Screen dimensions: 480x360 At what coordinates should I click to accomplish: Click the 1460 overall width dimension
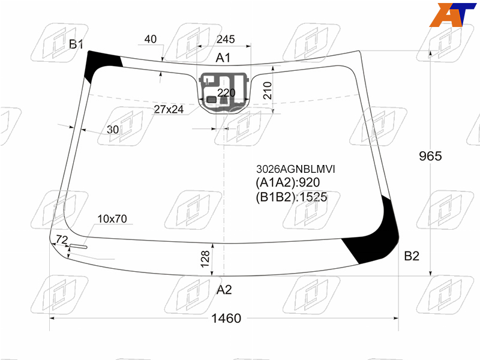(x=226, y=319)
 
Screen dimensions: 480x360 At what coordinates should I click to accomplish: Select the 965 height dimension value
(x=430, y=156)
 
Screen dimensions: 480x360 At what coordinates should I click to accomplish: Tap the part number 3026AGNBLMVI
(x=295, y=169)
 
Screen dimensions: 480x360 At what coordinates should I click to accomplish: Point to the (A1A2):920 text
(x=288, y=182)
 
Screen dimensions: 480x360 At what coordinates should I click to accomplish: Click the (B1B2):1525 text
(x=292, y=197)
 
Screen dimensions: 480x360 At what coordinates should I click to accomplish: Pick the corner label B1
(x=76, y=44)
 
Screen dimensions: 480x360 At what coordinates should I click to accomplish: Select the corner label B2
(x=412, y=256)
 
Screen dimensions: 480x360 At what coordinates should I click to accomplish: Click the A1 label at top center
(x=223, y=58)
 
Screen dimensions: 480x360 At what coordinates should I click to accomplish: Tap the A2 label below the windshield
(x=224, y=290)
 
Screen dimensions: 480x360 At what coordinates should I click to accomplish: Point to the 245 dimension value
(x=226, y=39)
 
